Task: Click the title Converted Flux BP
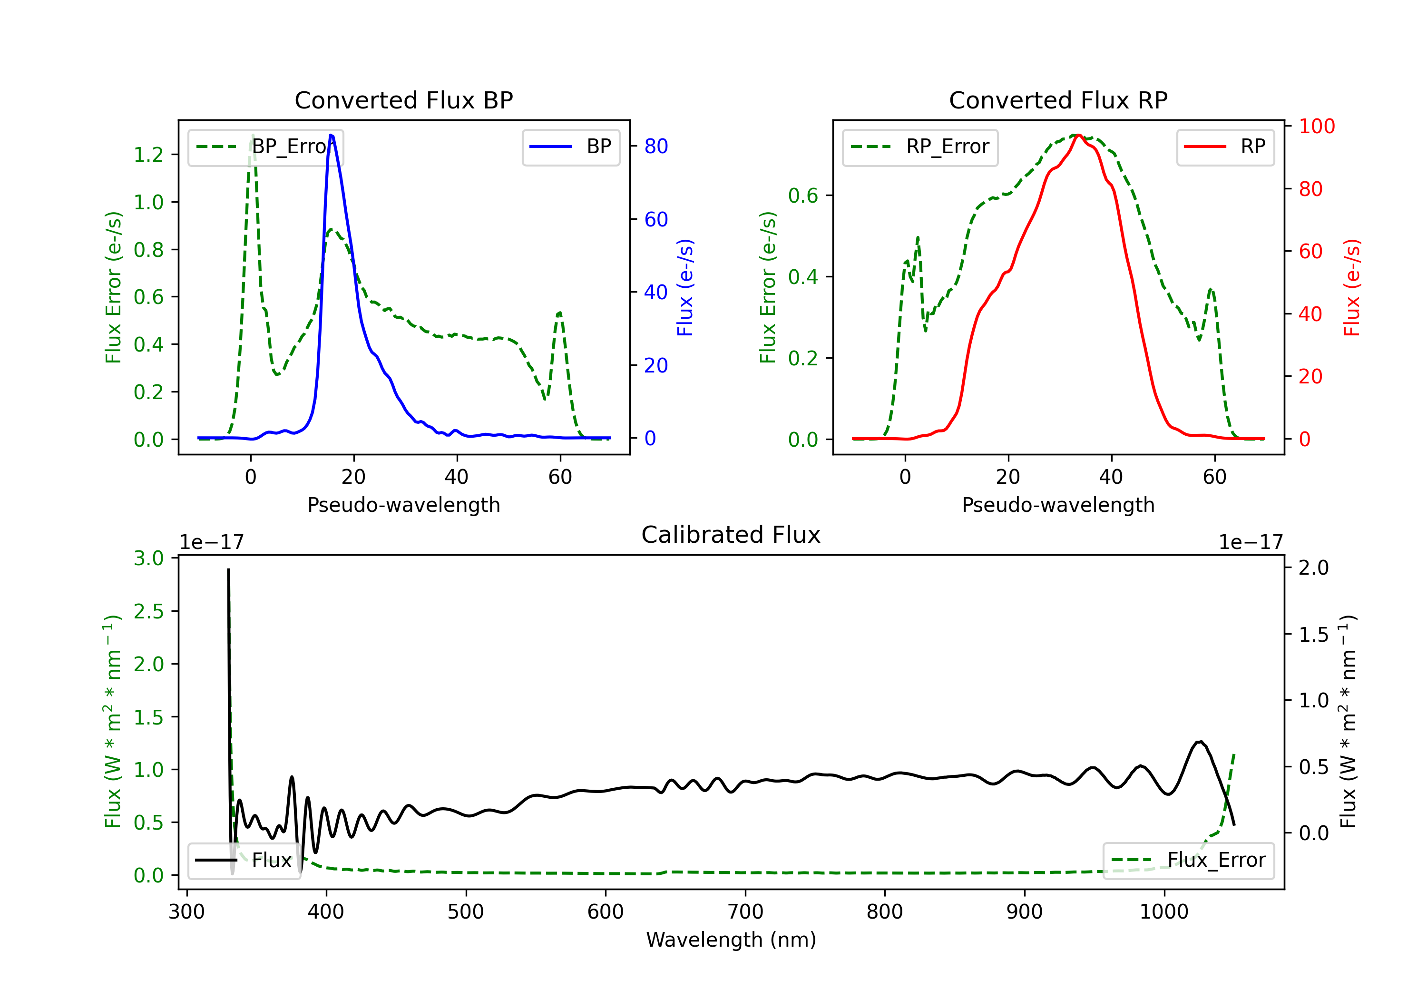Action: (403, 100)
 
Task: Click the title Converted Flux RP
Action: (1058, 100)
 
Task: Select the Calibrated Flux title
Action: (731, 535)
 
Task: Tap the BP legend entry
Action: (570, 147)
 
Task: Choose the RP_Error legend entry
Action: (920, 147)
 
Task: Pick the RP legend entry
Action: (1225, 147)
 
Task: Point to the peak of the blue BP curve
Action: (331, 135)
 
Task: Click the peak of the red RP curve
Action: (1078, 135)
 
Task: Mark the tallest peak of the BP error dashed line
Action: (252, 135)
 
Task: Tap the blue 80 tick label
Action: (656, 146)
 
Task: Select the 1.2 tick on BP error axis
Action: (148, 154)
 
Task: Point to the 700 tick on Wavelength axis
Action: (745, 912)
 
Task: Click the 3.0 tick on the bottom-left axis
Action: (148, 558)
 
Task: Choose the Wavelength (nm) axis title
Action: (731, 940)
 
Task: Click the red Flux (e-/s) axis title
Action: (1352, 288)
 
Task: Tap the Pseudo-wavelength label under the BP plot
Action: (403, 505)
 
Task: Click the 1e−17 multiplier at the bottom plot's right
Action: (1251, 542)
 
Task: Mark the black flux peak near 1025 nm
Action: (1200, 742)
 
